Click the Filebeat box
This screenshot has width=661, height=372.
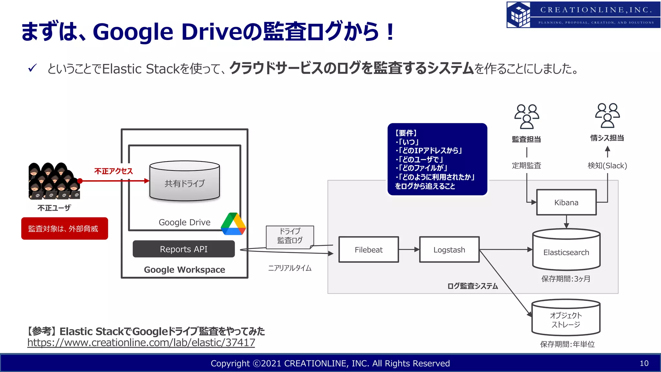[369, 250]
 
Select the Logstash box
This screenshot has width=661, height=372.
[449, 250]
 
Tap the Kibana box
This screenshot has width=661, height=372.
[566, 202]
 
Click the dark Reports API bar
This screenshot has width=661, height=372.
[184, 249]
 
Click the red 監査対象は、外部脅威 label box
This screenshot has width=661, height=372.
[65, 229]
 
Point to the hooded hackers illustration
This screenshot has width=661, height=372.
[54, 181]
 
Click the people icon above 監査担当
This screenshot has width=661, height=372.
[526, 117]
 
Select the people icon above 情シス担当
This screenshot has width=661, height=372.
[607, 116]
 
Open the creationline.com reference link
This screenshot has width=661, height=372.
[141, 343]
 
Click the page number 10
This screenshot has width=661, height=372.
[644, 363]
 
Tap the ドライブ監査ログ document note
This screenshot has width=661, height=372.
[290, 236]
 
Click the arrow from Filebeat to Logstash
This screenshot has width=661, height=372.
[409, 250]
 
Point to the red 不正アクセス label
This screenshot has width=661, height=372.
[113, 171]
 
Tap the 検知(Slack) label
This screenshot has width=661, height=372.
[607, 166]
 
